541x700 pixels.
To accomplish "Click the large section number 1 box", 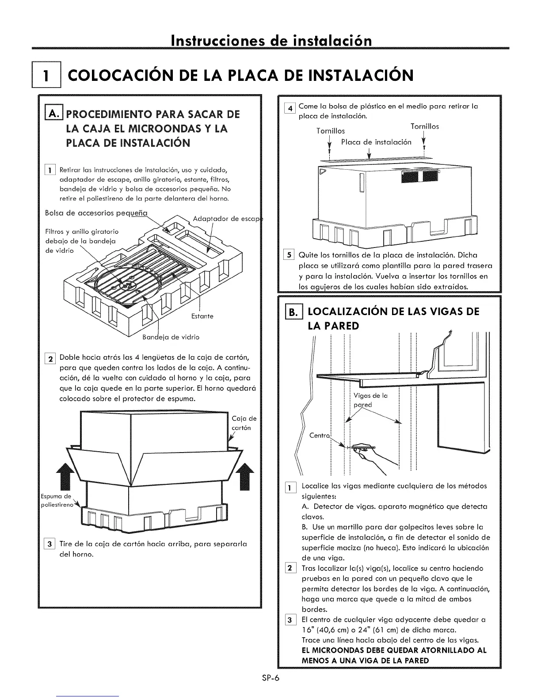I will coord(46,76).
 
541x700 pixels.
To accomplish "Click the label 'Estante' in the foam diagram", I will coord(202,316).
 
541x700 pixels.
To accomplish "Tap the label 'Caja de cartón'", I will coord(244,423).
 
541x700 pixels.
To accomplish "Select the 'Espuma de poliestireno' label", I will coord(54,501).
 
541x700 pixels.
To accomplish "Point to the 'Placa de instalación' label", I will coord(376,142).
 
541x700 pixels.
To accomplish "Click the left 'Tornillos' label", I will coord(331,131).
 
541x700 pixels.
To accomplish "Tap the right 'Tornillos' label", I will coord(425,126).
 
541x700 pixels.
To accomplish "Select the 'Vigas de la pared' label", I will coord(370,400).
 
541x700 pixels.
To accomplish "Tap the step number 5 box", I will coord(290,255).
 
